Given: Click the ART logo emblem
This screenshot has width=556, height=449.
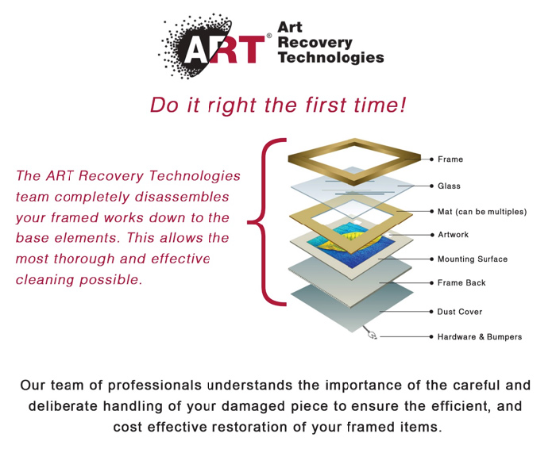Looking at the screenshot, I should [x=212, y=47].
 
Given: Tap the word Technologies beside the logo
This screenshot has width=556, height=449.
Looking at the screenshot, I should [x=330, y=57].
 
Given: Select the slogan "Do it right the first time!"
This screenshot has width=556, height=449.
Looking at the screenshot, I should [x=278, y=106].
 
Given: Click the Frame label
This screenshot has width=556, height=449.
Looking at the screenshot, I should [x=450, y=159].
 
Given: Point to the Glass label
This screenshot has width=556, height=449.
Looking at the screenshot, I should [x=449, y=186].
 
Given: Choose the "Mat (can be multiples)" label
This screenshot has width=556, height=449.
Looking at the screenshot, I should [x=481, y=212].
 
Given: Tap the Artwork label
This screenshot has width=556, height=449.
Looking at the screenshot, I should [x=453, y=235].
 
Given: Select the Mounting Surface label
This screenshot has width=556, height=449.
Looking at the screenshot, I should [x=472, y=259].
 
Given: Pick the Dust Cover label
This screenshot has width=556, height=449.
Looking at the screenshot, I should [x=459, y=313].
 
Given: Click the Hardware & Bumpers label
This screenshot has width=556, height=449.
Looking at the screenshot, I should [x=479, y=337].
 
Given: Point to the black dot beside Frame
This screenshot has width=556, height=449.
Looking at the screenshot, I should [x=431, y=159].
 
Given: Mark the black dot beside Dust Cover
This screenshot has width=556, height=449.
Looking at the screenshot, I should [x=431, y=313].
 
